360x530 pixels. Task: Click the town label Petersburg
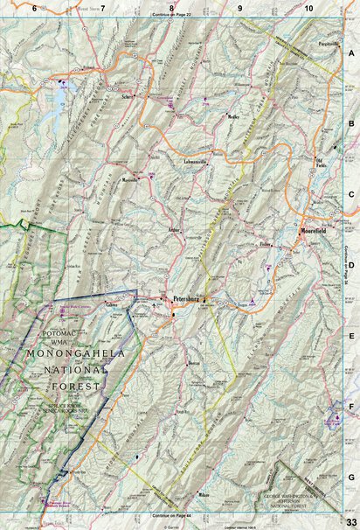[x=187, y=298]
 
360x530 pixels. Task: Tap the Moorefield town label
[x=313, y=231]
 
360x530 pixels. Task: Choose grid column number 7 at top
[x=102, y=7]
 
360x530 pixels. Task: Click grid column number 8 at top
[x=171, y=7]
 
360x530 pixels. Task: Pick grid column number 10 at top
[x=309, y=7]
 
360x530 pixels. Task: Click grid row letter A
[x=351, y=52]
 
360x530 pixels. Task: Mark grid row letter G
[x=351, y=478]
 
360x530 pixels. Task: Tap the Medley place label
[x=233, y=115]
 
